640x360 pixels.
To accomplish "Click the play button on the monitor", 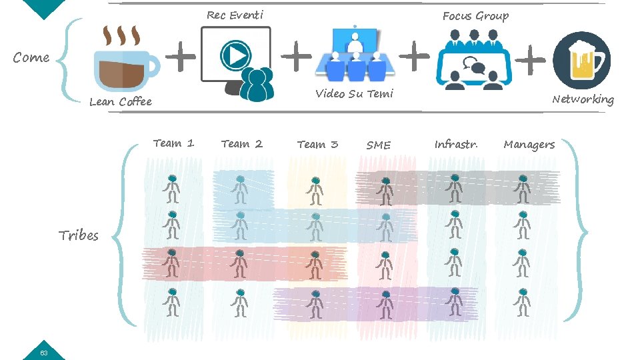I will click(235, 55).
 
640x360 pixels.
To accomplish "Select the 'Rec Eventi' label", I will click(235, 15).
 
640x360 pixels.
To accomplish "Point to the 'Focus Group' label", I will click(475, 16).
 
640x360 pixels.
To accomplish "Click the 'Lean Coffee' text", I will click(121, 101).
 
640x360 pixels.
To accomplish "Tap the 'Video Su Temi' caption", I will click(354, 94).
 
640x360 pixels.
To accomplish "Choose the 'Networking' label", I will click(582, 99).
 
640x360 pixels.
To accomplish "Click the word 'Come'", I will click(31, 57).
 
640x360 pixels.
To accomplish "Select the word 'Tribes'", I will click(79, 235).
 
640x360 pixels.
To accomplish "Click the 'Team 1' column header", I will click(173, 143).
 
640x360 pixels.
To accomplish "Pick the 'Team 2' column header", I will click(242, 143).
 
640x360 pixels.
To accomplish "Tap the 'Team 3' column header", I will click(317, 144).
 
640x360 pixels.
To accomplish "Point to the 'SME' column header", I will click(379, 145).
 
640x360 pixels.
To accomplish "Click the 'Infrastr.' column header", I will click(456, 144).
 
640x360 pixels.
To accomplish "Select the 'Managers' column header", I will click(529, 144).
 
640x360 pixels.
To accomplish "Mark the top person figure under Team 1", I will click(172, 189).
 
